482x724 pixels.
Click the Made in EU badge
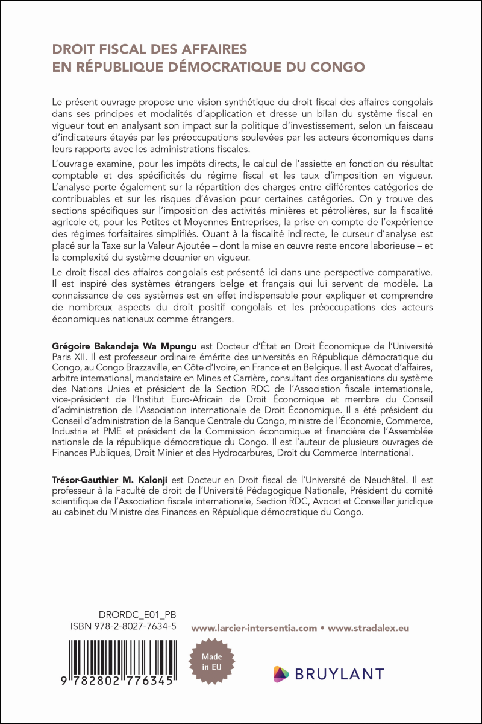(x=211, y=662)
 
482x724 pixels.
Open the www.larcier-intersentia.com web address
(x=254, y=628)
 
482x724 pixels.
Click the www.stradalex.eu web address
(x=369, y=628)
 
